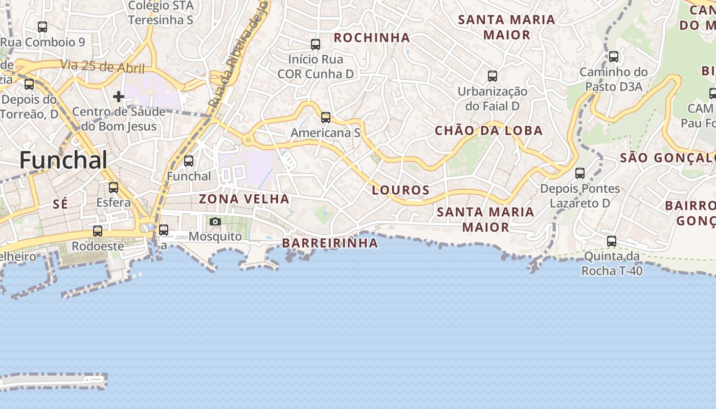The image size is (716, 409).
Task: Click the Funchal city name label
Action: (63, 161)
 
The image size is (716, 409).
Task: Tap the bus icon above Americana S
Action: (326, 118)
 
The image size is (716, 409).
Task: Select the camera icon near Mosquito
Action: (215, 221)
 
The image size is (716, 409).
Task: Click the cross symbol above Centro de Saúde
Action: (119, 96)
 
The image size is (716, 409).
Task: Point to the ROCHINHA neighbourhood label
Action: (372, 37)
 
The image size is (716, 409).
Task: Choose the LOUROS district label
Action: (401, 190)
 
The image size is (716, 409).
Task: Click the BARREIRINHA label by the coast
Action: (330, 243)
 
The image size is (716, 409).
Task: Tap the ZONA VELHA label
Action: (244, 199)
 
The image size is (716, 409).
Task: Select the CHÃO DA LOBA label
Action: (488, 130)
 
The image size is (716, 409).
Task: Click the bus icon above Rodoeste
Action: (98, 231)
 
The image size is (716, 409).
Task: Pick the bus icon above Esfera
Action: (114, 188)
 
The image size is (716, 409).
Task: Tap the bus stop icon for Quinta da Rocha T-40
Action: (612, 241)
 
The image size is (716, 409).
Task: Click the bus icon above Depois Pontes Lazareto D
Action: (580, 173)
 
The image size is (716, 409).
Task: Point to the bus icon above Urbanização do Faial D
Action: (493, 76)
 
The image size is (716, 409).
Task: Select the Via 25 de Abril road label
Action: (102, 66)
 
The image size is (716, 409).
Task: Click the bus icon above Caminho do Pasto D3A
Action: (614, 57)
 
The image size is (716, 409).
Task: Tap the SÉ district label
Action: (60, 204)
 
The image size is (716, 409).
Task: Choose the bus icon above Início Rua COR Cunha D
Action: (316, 44)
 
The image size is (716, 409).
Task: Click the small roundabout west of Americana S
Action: (248, 139)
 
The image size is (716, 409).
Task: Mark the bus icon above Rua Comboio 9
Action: (42, 27)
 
